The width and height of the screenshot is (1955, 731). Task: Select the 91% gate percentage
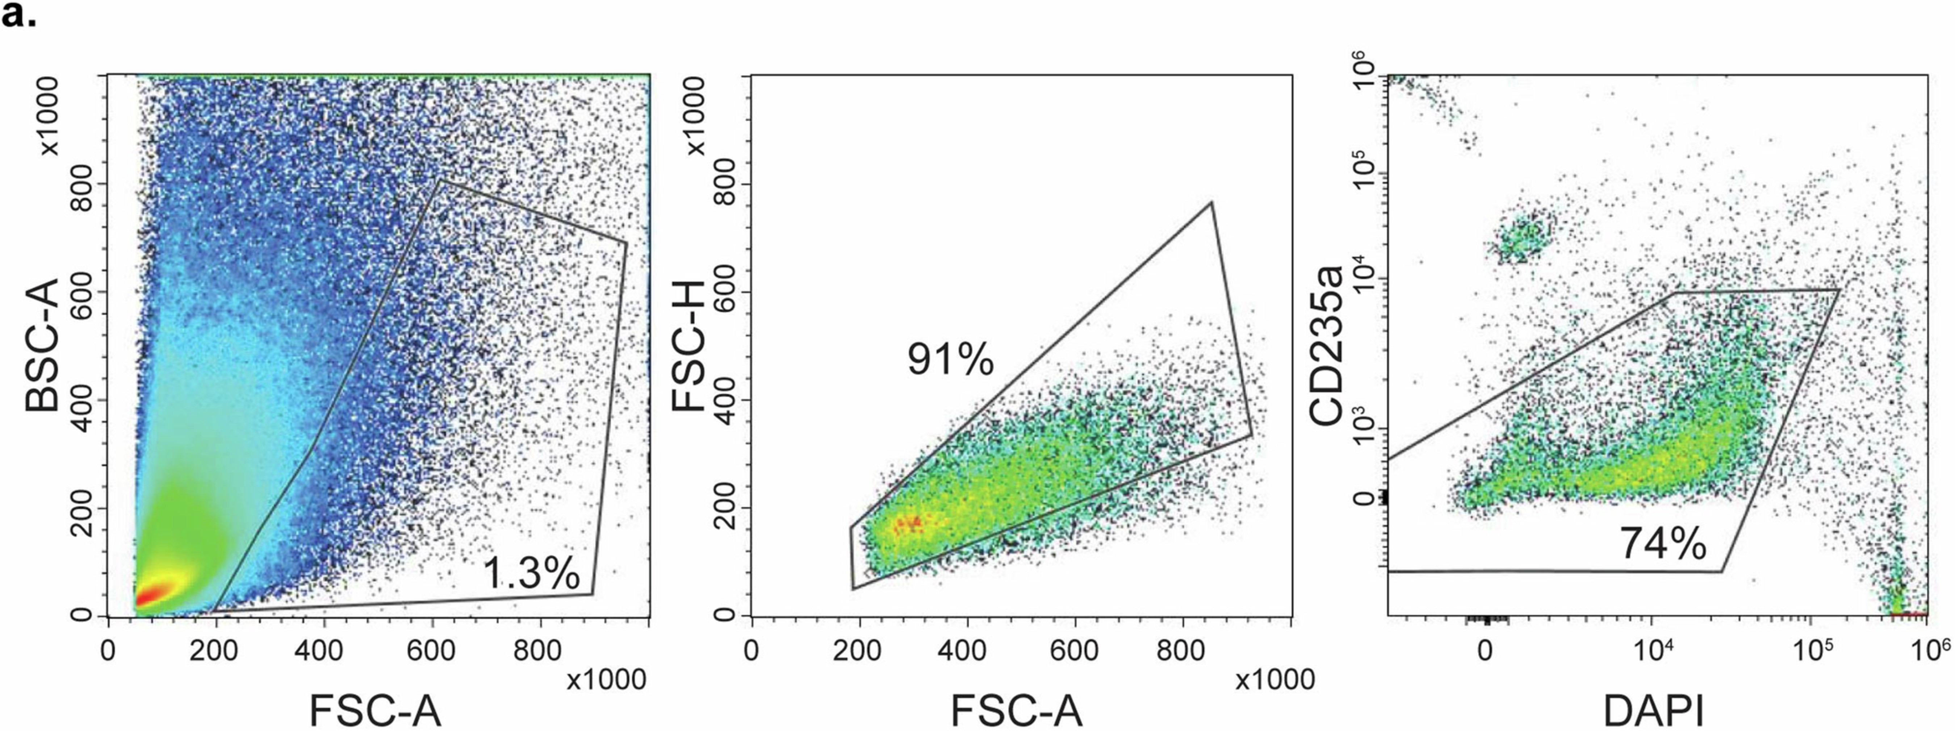(949, 359)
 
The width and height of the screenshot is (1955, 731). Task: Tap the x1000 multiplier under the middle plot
(1275, 680)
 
